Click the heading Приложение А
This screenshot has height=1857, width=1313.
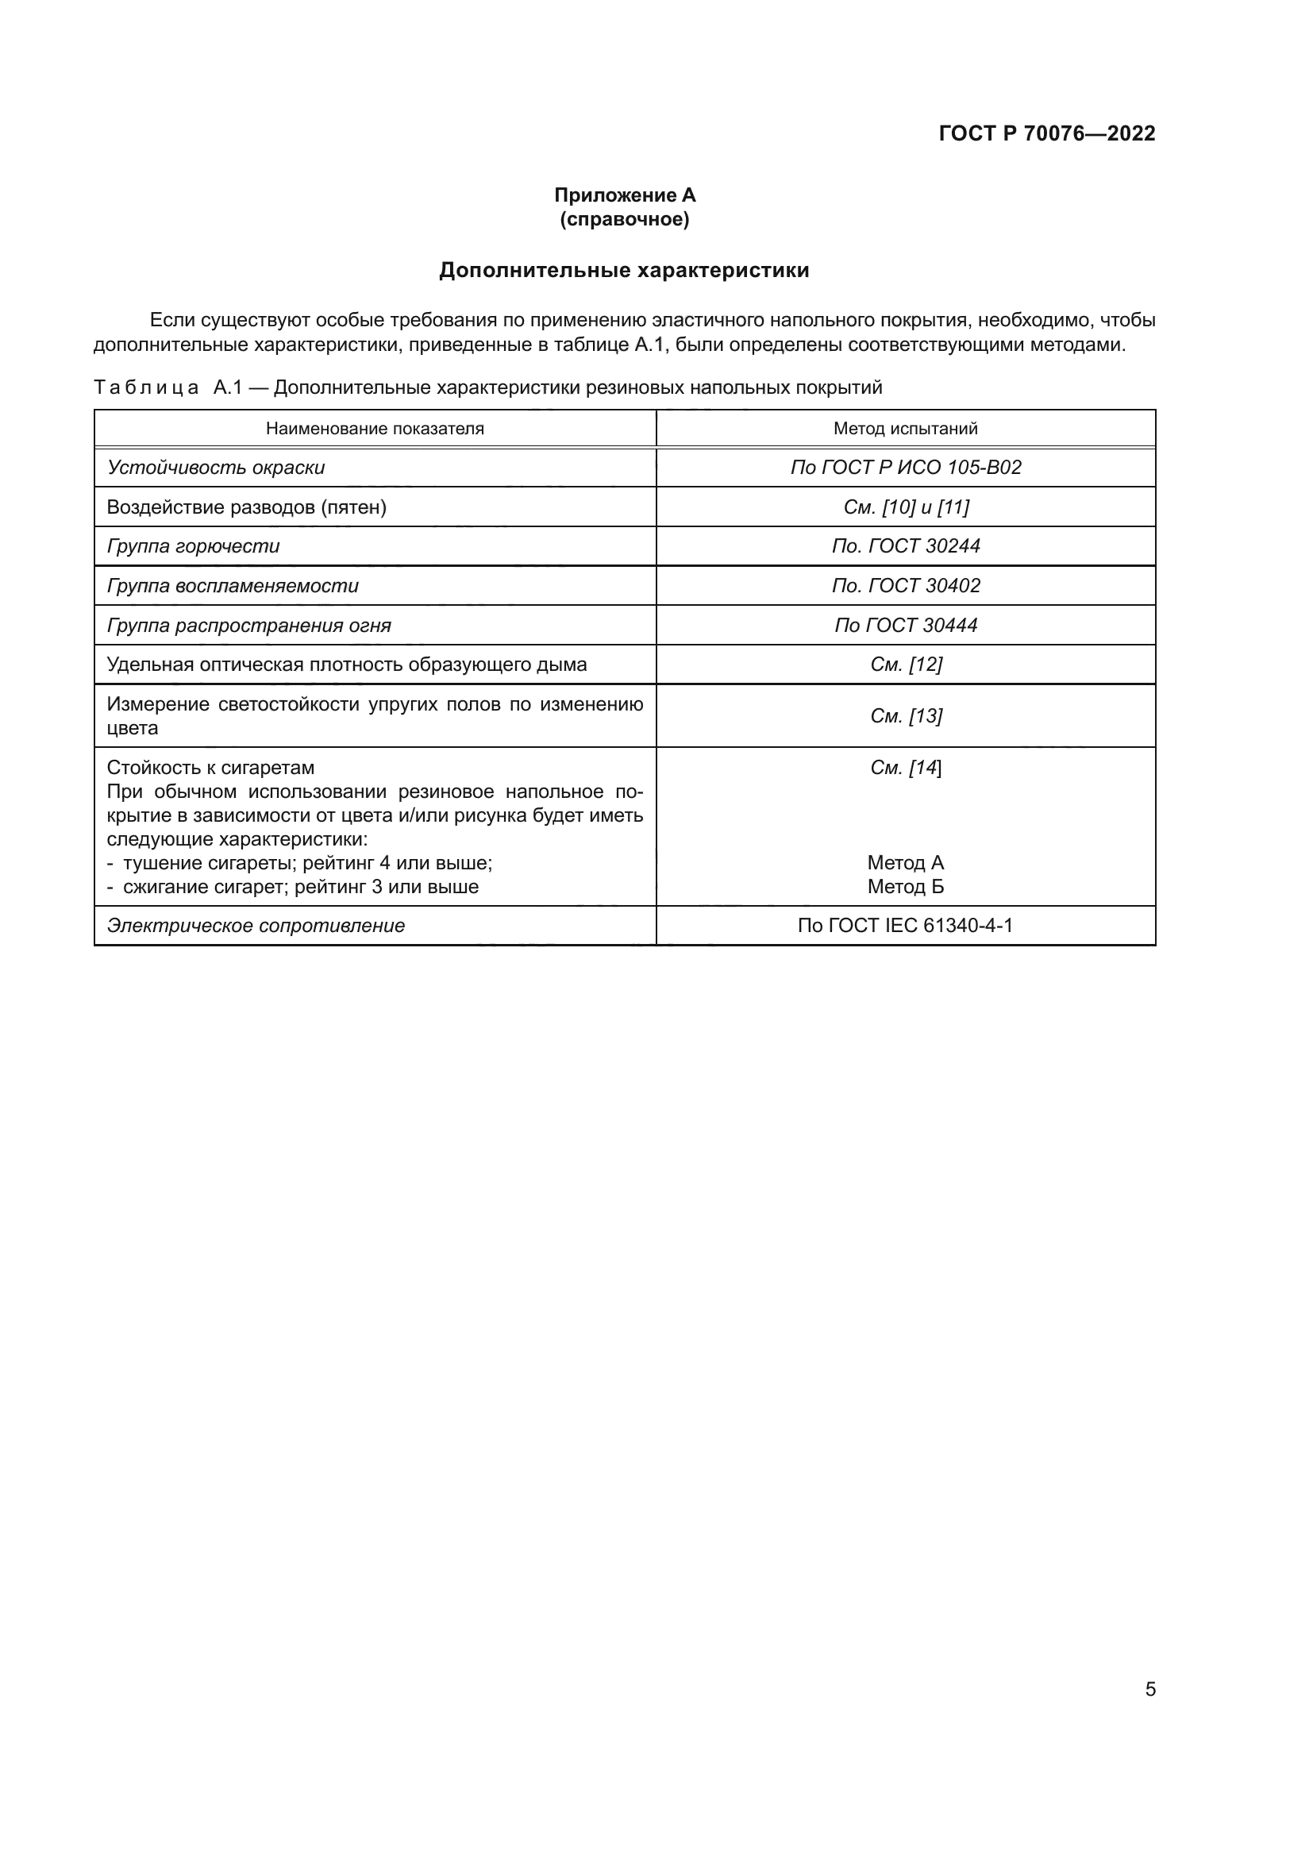[x=624, y=195]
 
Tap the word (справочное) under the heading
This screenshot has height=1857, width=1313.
[x=624, y=219]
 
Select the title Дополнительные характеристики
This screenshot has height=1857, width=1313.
[x=623, y=270]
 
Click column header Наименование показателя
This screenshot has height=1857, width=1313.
[x=375, y=429]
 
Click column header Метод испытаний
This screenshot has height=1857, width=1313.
[x=906, y=429]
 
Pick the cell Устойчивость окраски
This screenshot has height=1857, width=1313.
[x=216, y=468]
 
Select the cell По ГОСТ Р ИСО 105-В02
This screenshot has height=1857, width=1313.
[x=906, y=468]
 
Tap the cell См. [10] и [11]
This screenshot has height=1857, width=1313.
[x=906, y=507]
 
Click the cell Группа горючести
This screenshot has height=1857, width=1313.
[x=193, y=546]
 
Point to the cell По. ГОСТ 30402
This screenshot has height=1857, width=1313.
[x=906, y=586]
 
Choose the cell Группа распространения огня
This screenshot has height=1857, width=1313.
[x=249, y=625]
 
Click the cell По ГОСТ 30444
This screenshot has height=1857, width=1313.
[x=906, y=625]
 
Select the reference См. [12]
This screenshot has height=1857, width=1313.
[x=906, y=665]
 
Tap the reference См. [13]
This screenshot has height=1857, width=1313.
[x=906, y=716]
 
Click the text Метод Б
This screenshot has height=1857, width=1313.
[x=906, y=887]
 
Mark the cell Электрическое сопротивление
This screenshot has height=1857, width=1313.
[x=256, y=925]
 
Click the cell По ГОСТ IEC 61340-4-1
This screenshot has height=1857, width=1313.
[x=906, y=925]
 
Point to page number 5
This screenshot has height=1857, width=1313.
[x=1149, y=1689]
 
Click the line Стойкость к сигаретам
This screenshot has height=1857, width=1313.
[x=210, y=768]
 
